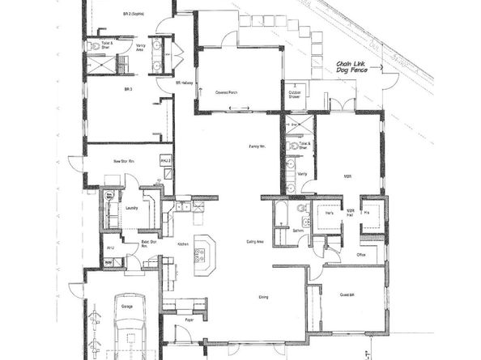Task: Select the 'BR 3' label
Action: point(128,88)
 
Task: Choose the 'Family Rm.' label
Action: point(258,145)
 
